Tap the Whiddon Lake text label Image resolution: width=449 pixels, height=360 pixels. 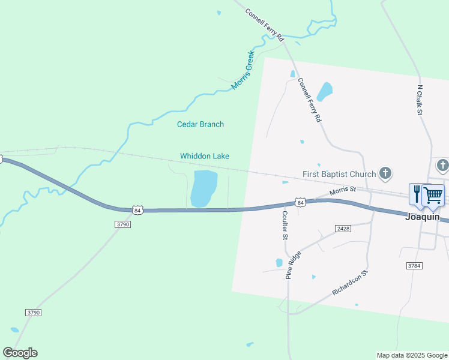(x=205, y=156)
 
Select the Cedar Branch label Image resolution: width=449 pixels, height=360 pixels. (x=200, y=124)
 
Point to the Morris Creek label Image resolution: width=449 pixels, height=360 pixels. (x=243, y=70)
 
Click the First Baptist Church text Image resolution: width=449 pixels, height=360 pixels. (x=339, y=174)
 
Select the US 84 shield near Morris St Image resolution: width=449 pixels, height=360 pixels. (x=301, y=203)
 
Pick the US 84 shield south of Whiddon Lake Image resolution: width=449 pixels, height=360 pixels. (x=138, y=210)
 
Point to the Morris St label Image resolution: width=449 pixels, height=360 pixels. (x=343, y=191)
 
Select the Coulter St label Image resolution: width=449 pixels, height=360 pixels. (x=285, y=224)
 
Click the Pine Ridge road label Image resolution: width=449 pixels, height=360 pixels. (x=294, y=265)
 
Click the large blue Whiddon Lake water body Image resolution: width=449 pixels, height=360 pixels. (x=203, y=187)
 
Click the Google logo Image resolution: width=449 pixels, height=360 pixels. (x=20, y=353)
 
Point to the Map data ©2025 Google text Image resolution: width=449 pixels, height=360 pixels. (x=412, y=355)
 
